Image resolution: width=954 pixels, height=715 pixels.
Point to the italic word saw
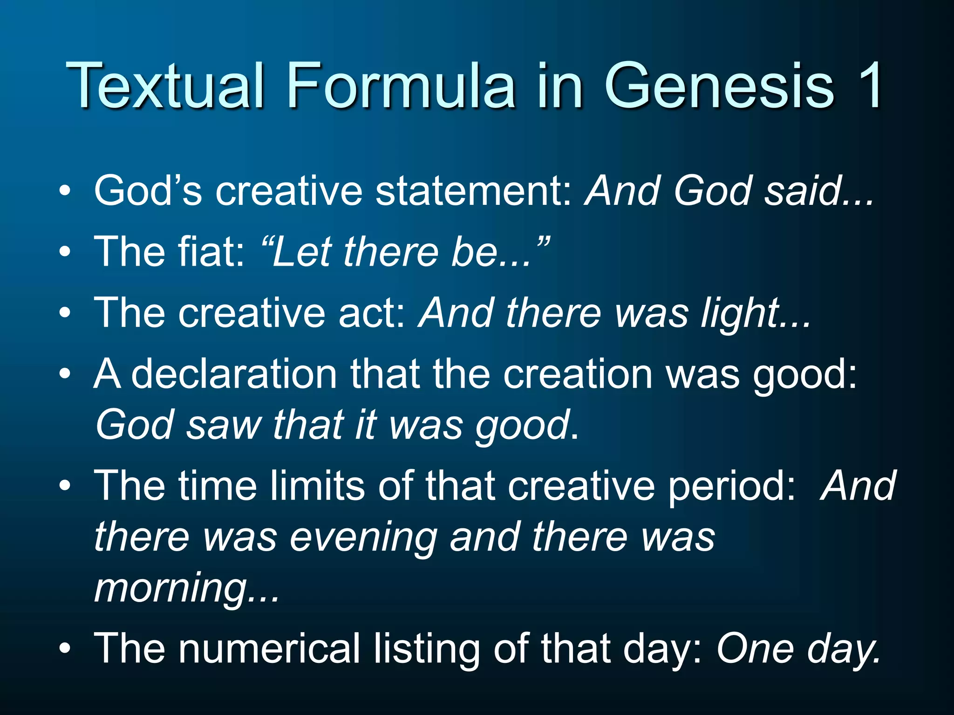pos(224,425)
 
